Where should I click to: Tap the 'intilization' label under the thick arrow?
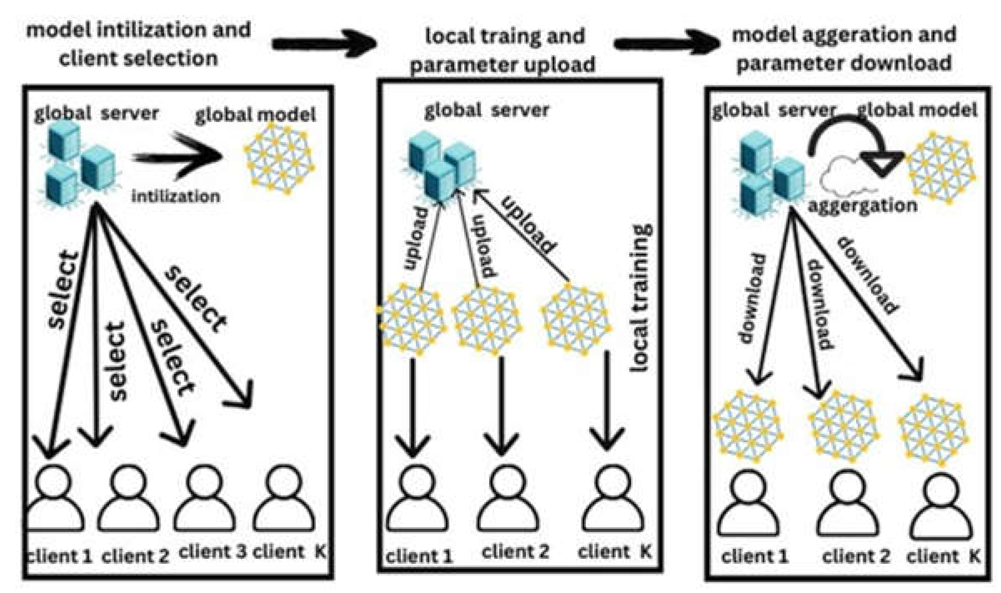coord(175,196)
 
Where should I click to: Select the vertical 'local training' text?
coord(641,298)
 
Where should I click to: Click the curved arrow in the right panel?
coord(854,142)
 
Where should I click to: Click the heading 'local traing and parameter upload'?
coord(503,50)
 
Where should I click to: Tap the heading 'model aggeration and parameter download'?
coord(844,49)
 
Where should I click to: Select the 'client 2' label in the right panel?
coord(856,556)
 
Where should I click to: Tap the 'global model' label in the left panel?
coord(255,115)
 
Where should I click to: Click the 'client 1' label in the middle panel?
coord(419,556)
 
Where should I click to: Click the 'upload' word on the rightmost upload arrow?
coord(529,225)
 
